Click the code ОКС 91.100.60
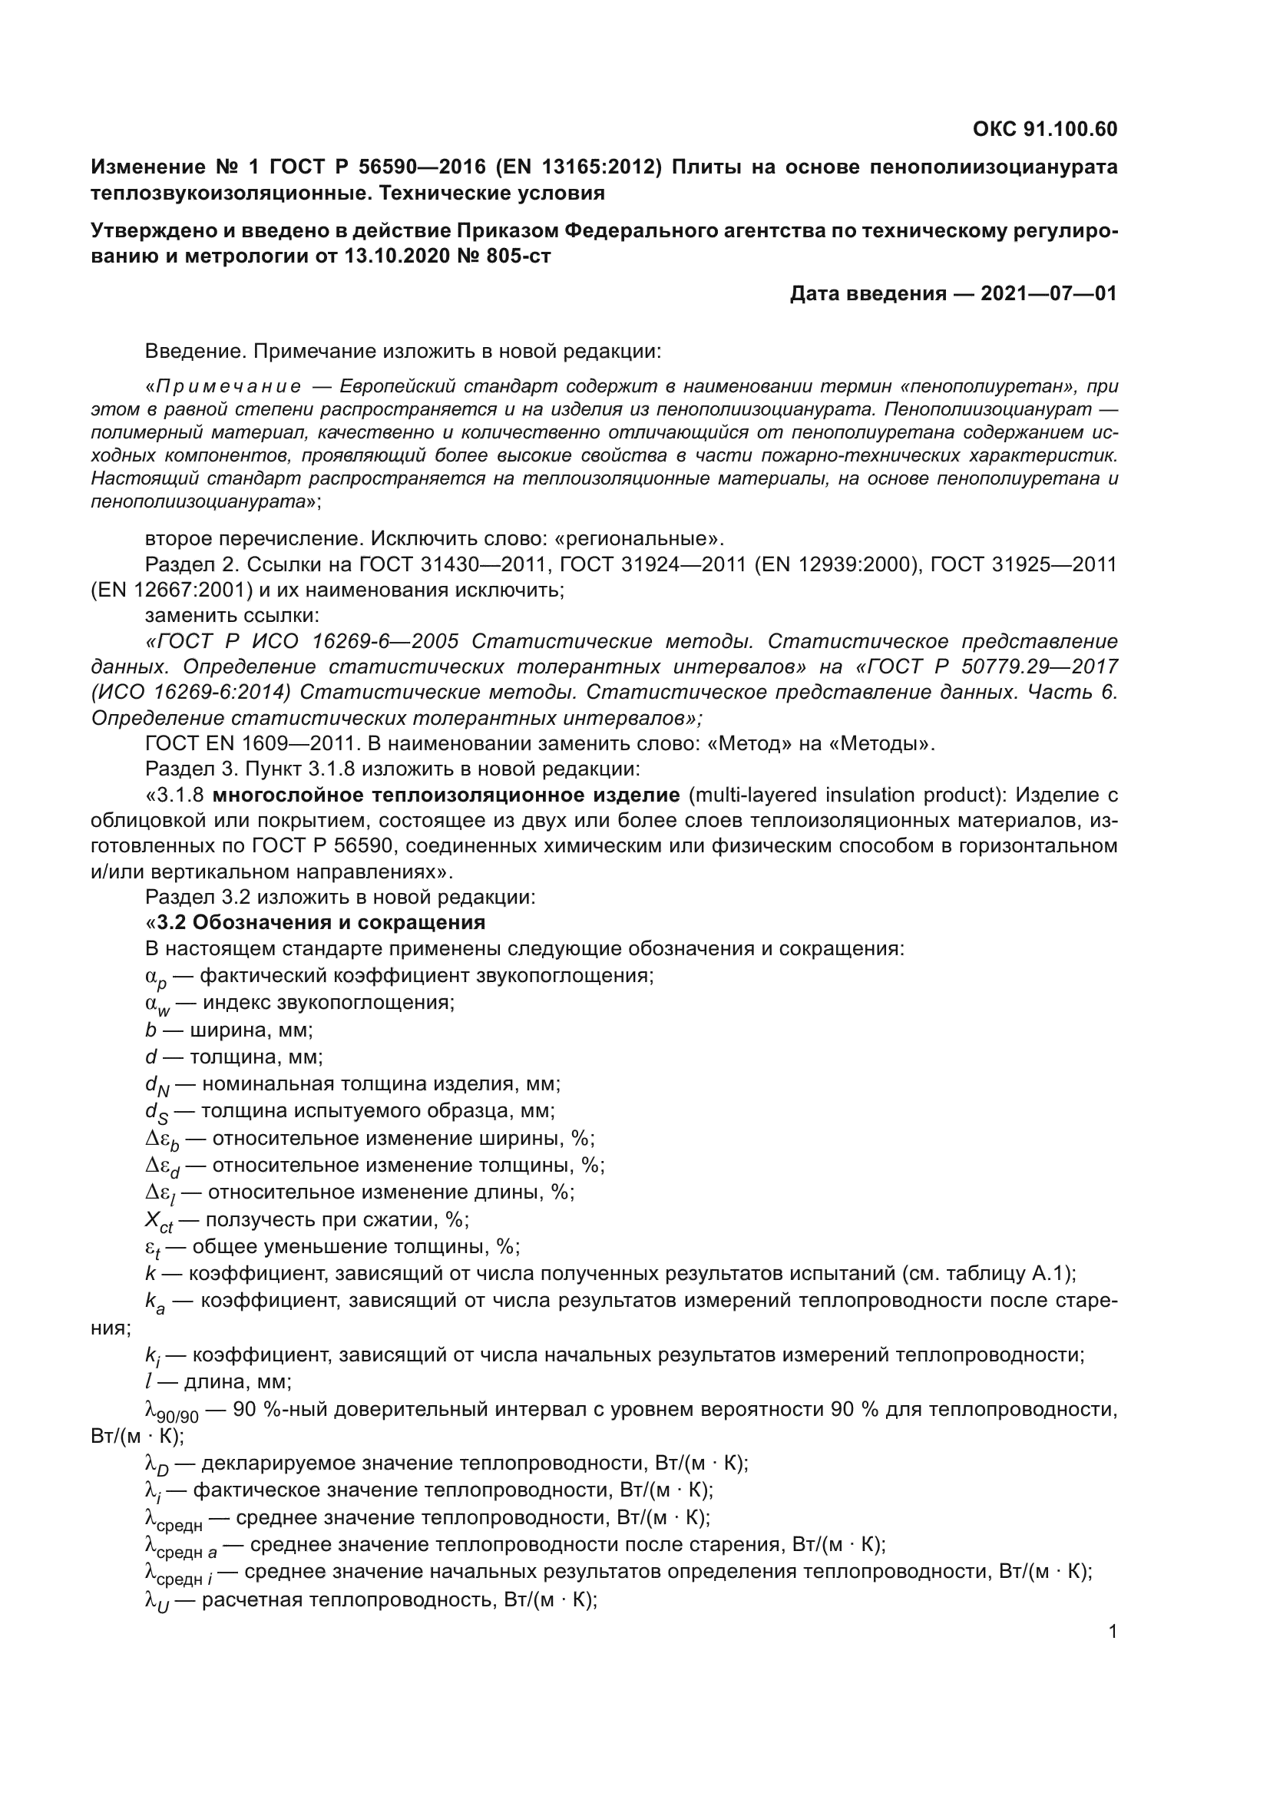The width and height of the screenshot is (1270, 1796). click(1045, 129)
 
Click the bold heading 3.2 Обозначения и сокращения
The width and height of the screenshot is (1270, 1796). click(321, 922)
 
